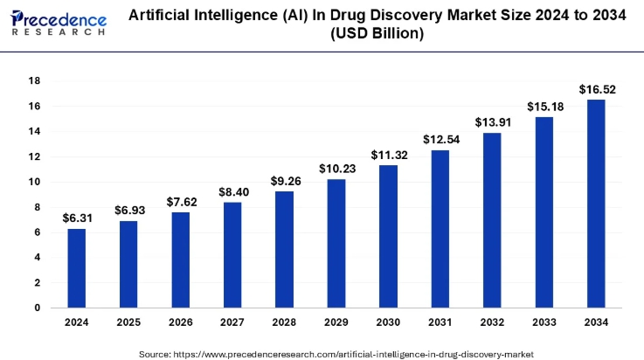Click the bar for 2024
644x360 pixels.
click(77, 268)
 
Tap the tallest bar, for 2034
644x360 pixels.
click(595, 204)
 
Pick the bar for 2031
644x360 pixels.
click(440, 229)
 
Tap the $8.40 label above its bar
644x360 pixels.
click(232, 191)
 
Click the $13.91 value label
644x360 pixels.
click(491, 122)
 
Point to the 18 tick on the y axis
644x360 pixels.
click(36, 80)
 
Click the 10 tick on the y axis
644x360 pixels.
click(36, 182)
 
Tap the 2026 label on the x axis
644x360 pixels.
click(181, 323)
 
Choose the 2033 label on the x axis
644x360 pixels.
click(543, 323)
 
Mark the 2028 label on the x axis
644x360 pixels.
click(284, 323)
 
